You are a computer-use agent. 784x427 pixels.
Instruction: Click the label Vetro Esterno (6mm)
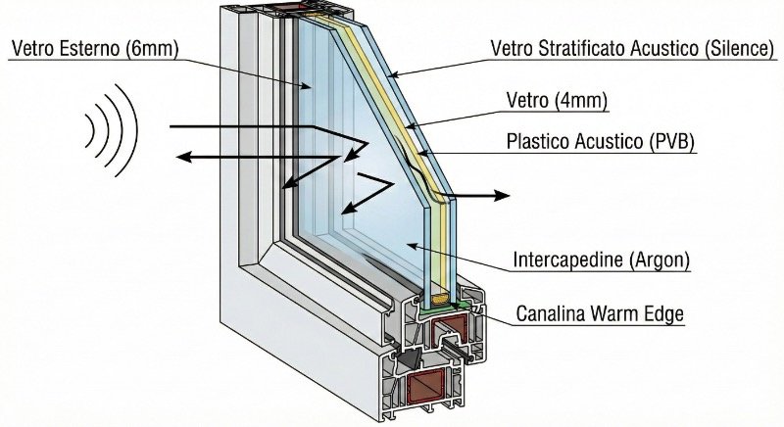click(93, 47)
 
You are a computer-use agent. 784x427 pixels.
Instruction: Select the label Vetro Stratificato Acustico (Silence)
click(633, 47)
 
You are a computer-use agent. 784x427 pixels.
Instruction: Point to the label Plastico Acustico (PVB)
click(600, 141)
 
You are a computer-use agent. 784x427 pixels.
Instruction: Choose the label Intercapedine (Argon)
click(602, 261)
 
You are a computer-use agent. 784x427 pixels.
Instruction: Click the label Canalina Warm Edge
click(601, 314)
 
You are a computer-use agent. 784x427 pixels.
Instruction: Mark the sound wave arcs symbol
click(111, 128)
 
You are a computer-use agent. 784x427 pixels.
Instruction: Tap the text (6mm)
click(151, 47)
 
